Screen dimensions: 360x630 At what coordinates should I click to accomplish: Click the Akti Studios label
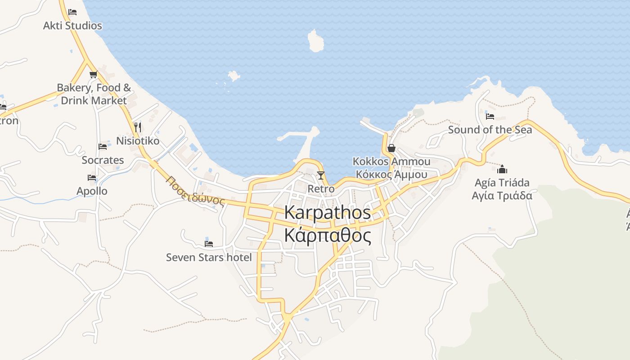coord(72,26)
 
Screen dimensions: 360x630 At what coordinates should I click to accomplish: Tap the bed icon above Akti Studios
coord(72,12)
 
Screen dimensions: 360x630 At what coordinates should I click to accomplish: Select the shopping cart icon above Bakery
coord(93,74)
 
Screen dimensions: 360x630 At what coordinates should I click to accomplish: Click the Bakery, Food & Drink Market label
coord(94,94)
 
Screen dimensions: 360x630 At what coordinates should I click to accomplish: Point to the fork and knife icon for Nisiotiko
coord(138,127)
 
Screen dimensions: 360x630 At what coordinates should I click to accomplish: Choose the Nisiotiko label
coord(138,141)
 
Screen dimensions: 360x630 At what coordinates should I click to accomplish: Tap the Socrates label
coord(103,160)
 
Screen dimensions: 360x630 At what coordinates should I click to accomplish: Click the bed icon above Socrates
coord(103,146)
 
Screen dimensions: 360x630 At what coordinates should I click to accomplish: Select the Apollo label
coord(92,191)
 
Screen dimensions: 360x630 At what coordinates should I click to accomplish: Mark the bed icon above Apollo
coord(92,177)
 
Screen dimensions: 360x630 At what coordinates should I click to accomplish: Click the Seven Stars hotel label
coord(209,257)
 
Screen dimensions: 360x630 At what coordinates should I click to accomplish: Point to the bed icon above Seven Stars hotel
coord(209,243)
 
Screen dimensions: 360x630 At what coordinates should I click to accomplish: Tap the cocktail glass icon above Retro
coord(321,175)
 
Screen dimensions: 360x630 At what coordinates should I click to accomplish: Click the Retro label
coord(321,189)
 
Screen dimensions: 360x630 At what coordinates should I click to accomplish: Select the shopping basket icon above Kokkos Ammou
coord(391,148)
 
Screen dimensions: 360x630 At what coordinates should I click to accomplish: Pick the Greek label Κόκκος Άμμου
coord(391,175)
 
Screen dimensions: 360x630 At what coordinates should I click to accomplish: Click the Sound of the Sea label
coord(490,130)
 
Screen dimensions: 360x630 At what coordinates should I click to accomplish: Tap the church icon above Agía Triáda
coord(502,169)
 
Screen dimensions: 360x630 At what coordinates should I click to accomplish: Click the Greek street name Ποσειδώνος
coord(195,190)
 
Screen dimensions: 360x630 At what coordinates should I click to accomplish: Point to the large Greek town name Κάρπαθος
coord(328,235)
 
